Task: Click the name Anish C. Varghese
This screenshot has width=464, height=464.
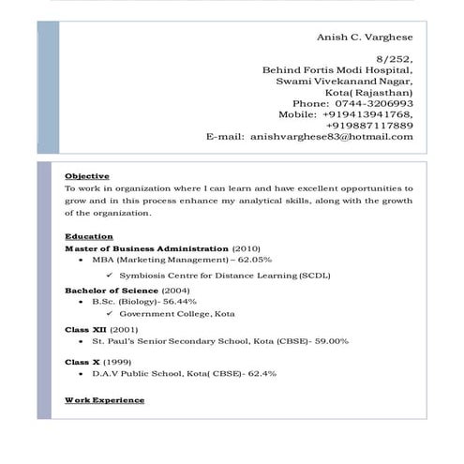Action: click(x=367, y=37)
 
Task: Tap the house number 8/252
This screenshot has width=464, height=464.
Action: click(x=395, y=58)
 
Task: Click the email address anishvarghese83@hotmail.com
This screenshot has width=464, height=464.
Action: click(x=331, y=137)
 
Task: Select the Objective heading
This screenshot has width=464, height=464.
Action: click(x=87, y=176)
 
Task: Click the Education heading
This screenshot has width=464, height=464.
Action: click(x=89, y=236)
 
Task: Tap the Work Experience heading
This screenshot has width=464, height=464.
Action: click(x=105, y=400)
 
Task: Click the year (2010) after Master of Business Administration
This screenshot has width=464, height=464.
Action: click(x=247, y=247)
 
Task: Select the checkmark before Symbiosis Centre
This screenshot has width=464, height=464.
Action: click(x=110, y=276)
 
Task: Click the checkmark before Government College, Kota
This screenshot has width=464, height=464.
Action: click(x=110, y=314)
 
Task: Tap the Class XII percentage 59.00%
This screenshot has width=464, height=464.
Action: click(x=331, y=341)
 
